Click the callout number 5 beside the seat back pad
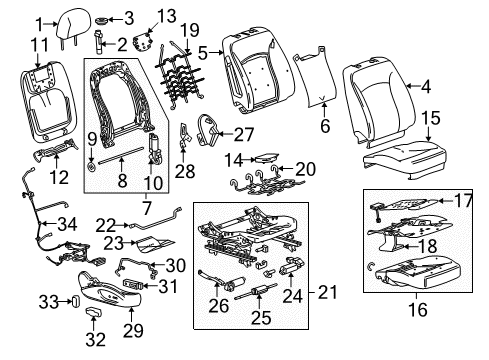pos(203,52)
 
